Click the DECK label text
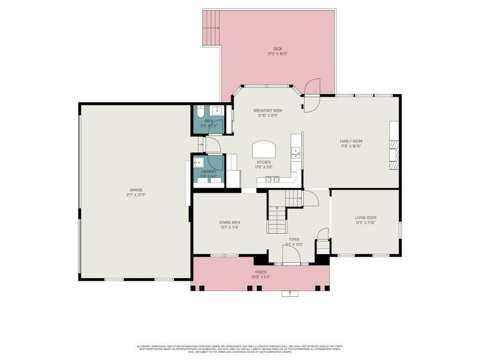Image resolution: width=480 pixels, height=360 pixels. coord(277,49)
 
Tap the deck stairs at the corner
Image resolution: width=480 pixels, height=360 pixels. coord(212,28)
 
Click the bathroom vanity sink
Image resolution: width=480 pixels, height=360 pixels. coord(218,112)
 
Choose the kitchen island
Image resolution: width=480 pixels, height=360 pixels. coord(264,148)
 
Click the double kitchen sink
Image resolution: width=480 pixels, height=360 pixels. coord(296,152)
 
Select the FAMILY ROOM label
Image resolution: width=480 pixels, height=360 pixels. coord(351,142)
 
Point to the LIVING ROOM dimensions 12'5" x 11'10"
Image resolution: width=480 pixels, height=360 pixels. coord(365,223)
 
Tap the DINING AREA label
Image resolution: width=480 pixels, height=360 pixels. coord(230,223)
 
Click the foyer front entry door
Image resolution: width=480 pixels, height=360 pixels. coord(292,256)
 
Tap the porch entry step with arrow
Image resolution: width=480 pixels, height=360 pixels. coord(291,293)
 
